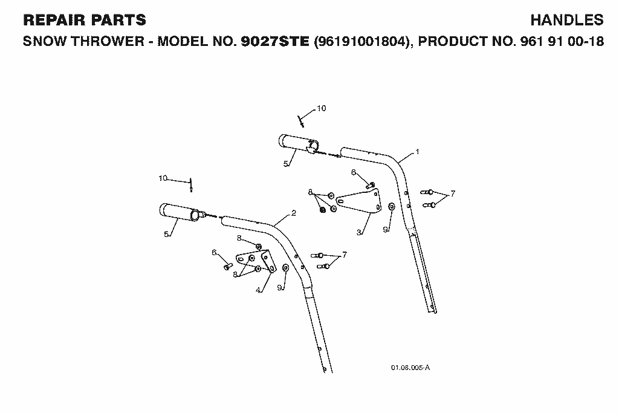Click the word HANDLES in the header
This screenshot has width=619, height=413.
tap(566, 20)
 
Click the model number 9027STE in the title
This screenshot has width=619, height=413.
tap(275, 41)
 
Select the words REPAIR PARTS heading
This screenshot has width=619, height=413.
tap(85, 20)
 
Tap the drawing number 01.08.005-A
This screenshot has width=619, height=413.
tap(410, 368)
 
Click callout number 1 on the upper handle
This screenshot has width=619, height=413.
tap(417, 152)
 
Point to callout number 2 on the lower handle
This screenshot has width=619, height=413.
tap(293, 213)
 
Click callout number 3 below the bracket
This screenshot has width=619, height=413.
tap(359, 232)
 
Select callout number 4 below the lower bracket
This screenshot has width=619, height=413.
tap(258, 290)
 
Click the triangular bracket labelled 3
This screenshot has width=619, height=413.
tap(360, 201)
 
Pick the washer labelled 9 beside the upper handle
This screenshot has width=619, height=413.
tap(392, 207)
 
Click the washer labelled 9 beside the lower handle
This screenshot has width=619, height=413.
tap(286, 268)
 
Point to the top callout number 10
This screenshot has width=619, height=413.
tap(322, 108)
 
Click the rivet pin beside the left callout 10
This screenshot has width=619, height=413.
tap(191, 185)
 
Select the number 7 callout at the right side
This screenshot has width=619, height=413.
tap(452, 193)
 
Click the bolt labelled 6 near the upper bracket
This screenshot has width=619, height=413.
tap(371, 184)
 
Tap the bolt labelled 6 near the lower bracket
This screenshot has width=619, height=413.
tap(228, 267)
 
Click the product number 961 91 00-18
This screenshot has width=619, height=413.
tap(562, 41)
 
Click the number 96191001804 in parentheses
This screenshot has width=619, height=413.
tap(360, 41)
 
